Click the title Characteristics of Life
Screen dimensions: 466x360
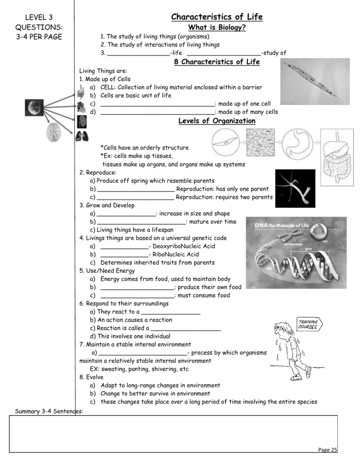(x=217, y=17)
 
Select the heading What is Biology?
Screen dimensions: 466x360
(x=217, y=28)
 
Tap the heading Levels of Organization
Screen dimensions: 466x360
(x=217, y=121)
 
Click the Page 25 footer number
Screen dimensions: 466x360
(x=328, y=450)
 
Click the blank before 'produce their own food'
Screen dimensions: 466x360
(x=137, y=288)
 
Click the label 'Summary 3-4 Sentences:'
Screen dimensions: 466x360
(x=49, y=411)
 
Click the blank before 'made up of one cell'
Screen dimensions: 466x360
(x=157, y=104)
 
